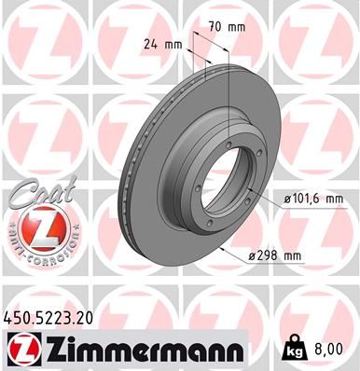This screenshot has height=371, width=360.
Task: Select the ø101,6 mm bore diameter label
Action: coord(311,199)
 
